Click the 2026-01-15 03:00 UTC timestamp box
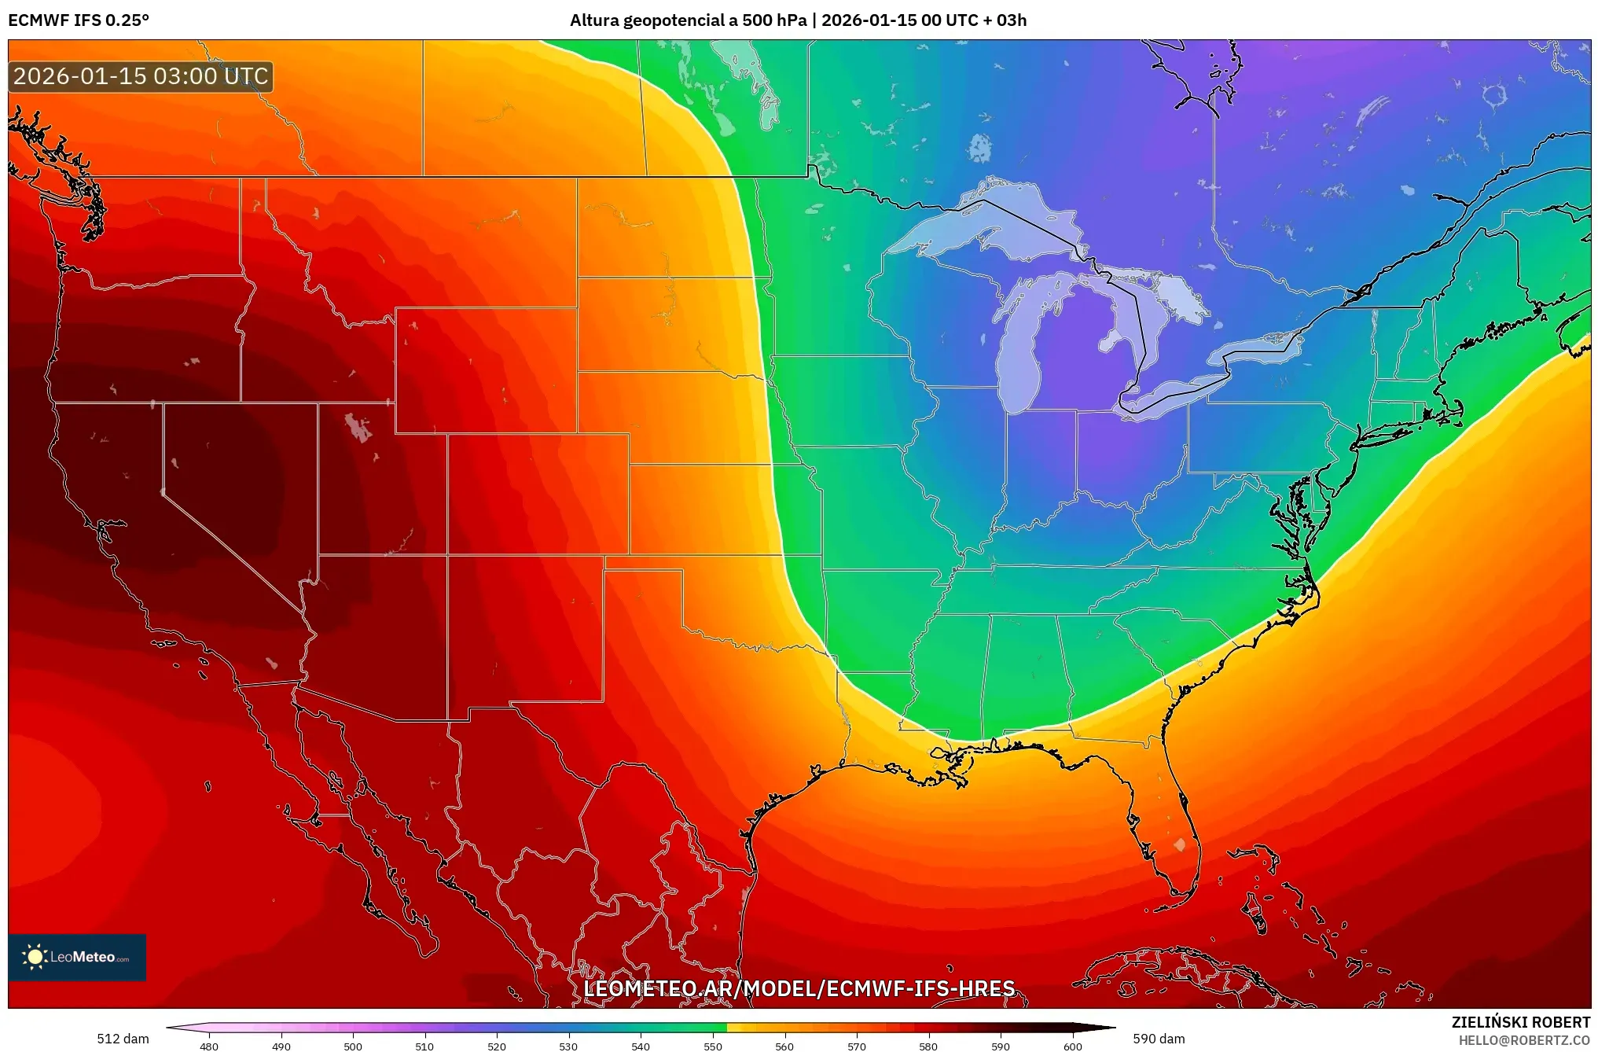141,76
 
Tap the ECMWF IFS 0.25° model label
79,20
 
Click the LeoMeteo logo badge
77,957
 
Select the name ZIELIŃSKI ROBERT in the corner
1520,1022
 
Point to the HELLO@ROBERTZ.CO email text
1524,1040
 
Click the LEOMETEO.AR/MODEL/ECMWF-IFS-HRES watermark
799,988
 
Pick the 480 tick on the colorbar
209,1046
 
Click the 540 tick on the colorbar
641,1046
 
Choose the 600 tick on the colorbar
1072,1046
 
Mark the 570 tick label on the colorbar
857,1046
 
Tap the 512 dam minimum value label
123,1039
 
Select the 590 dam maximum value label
1159,1039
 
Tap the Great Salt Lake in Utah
358,429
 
